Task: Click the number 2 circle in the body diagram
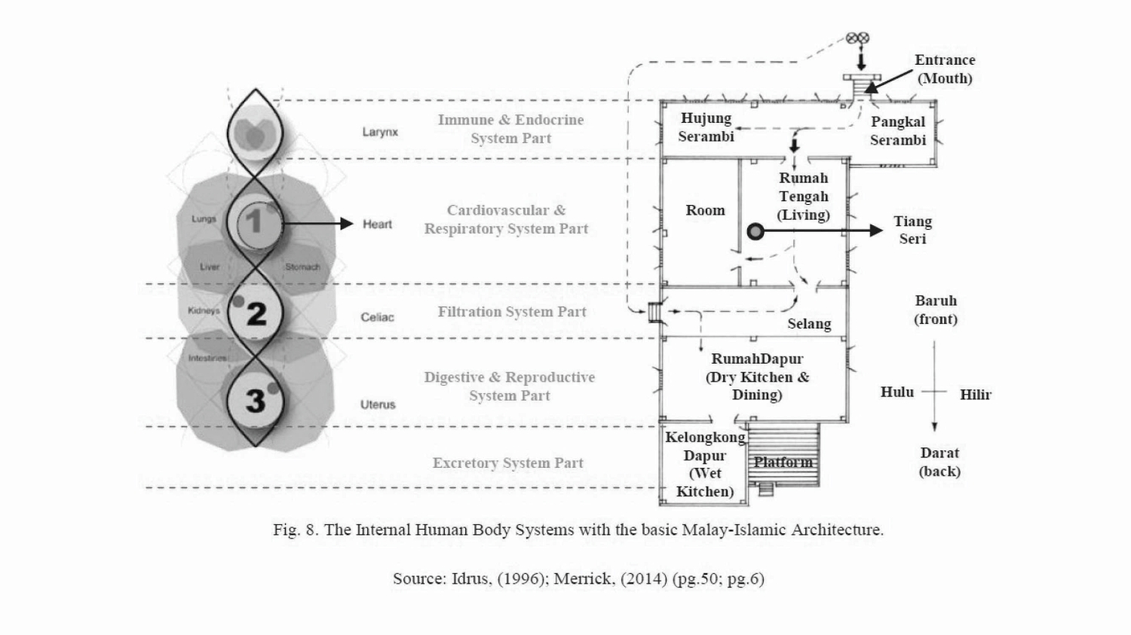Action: pos(256,313)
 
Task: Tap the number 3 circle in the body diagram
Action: pos(256,400)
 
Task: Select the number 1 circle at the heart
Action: pos(255,222)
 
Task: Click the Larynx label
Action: pos(380,132)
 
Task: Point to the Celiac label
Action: pos(377,317)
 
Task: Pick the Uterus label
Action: pos(378,405)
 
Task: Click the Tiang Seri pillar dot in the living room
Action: pos(756,231)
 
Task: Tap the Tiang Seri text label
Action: pos(912,230)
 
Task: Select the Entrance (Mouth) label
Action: pos(945,69)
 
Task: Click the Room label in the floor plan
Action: pos(705,210)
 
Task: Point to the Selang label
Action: pos(809,324)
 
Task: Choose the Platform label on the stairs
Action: pos(783,462)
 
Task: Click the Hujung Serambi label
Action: pos(706,127)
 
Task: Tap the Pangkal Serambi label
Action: pos(898,130)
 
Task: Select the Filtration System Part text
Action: pos(512,312)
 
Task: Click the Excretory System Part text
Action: pos(508,463)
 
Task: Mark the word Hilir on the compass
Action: pos(976,395)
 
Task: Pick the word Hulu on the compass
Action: pos(897,392)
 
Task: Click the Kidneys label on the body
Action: pos(204,310)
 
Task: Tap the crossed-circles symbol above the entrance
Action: pos(857,38)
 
